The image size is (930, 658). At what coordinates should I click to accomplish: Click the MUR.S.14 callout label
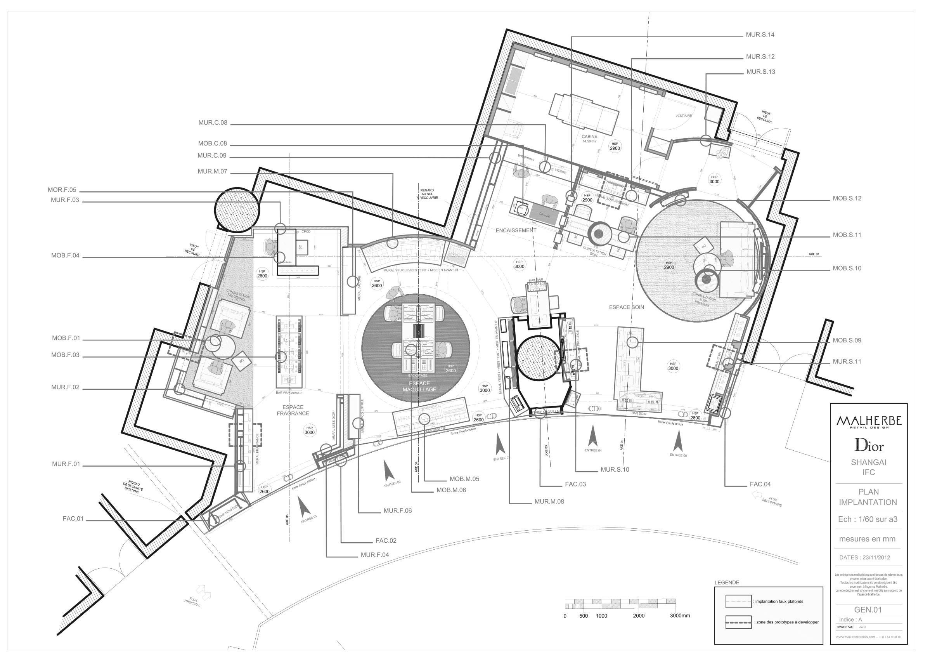(x=760, y=35)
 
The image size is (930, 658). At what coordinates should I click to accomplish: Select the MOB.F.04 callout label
(x=65, y=256)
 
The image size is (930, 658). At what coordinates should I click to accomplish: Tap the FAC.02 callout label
(x=386, y=540)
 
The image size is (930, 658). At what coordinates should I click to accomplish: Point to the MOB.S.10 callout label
(x=847, y=268)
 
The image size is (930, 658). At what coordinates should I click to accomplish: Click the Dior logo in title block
(x=868, y=446)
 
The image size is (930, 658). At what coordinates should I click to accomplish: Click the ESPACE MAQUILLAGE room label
(x=419, y=386)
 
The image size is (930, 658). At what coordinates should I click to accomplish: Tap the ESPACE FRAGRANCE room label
(x=293, y=410)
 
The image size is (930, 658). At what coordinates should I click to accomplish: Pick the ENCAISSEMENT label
(x=516, y=230)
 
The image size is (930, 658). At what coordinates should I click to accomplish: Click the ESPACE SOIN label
(x=626, y=307)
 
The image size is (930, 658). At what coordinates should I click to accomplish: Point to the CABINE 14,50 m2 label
(x=589, y=139)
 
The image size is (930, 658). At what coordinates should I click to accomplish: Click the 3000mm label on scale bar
(x=680, y=615)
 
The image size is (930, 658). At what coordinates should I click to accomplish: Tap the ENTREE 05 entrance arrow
(x=677, y=442)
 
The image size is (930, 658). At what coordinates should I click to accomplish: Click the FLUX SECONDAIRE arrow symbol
(x=756, y=494)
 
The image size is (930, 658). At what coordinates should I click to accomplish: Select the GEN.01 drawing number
(x=868, y=610)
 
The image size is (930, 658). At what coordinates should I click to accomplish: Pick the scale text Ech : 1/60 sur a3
(x=868, y=519)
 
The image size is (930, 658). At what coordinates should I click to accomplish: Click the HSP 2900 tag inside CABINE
(x=615, y=146)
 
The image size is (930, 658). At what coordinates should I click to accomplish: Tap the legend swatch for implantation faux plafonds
(x=738, y=601)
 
